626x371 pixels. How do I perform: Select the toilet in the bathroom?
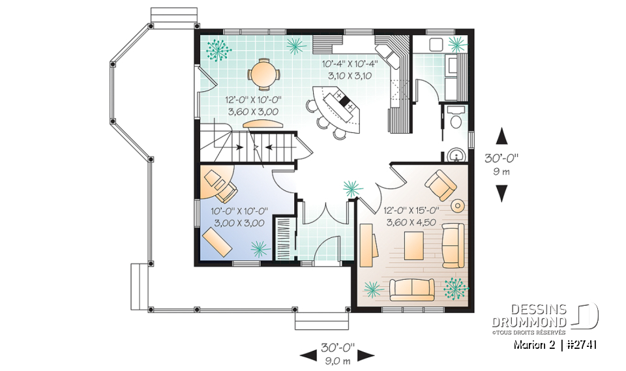[456, 121]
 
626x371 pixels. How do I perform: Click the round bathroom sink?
[456, 155]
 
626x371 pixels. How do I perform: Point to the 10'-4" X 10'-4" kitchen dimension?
[350, 70]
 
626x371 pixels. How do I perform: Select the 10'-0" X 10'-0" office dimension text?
[239, 216]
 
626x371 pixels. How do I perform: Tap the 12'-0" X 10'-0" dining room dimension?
[254, 106]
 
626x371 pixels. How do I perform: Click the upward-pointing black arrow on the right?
[501, 136]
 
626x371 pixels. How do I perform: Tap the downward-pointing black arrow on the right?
[501, 193]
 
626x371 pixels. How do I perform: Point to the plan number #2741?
[583, 344]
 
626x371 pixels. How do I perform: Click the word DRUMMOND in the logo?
[529, 322]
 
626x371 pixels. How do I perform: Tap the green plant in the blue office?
[261, 248]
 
